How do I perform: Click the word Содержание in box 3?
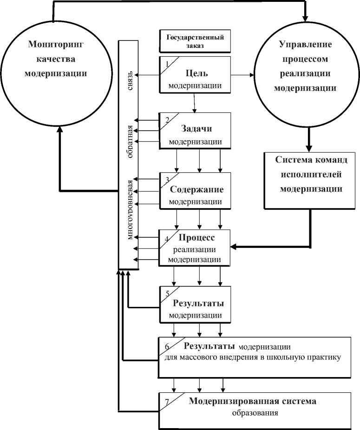point(196,189)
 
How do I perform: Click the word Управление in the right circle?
point(305,45)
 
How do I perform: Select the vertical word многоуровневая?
point(131,209)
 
